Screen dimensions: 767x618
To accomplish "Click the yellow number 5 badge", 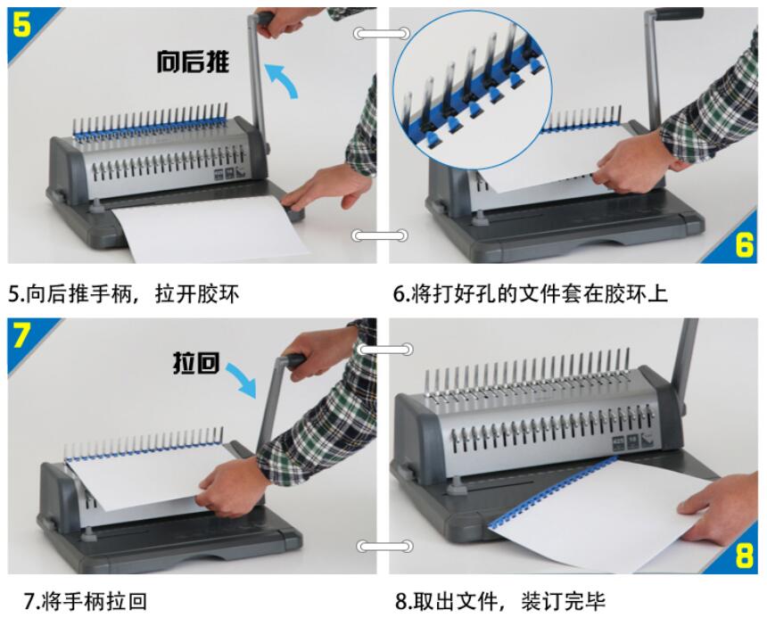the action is pos(22,24).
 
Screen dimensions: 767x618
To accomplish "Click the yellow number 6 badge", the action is pos(745,243).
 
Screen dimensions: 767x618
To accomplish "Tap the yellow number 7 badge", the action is pos(21,335).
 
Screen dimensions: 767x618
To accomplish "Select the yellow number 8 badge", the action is pos(745,555).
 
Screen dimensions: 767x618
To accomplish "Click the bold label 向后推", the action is pos(193,62).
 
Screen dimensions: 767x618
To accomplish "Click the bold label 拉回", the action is pos(195,363).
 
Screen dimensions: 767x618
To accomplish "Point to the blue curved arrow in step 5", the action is pos(282,78).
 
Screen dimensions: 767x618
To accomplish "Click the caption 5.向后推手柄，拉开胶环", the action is pos(124,294).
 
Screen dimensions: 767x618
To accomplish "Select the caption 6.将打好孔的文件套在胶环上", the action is pos(531,294).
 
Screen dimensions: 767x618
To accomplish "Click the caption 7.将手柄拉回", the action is pos(85,601).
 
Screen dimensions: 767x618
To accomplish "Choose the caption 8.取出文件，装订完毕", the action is pos(500,601).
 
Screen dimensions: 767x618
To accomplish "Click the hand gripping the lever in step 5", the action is pos(284,22).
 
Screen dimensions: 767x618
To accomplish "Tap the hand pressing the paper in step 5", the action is pos(326,188).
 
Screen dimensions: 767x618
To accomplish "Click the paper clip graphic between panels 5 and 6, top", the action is pos(382,33).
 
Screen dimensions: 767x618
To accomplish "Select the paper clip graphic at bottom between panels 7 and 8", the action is pos(384,546).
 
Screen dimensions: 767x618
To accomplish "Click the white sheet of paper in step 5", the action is pos(211,227).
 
